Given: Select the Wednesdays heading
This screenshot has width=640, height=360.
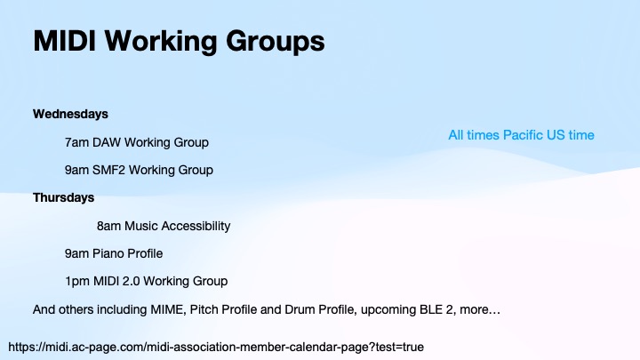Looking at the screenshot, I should click(70, 114).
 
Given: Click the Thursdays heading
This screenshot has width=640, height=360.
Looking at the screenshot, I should click(63, 197).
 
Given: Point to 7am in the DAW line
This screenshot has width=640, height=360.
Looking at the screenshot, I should click(76, 142).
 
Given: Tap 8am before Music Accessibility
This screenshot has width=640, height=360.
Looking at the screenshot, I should click(108, 226).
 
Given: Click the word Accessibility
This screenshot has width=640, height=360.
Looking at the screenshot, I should click(195, 226).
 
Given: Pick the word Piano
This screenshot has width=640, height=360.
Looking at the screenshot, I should click(108, 253).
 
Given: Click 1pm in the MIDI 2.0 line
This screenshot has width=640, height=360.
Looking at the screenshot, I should click(76, 281).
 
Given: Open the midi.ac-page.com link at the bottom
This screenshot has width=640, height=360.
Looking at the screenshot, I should click(216, 345).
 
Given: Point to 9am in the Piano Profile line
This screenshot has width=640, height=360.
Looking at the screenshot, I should click(76, 253).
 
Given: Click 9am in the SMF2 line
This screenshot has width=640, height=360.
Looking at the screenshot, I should click(76, 170).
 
